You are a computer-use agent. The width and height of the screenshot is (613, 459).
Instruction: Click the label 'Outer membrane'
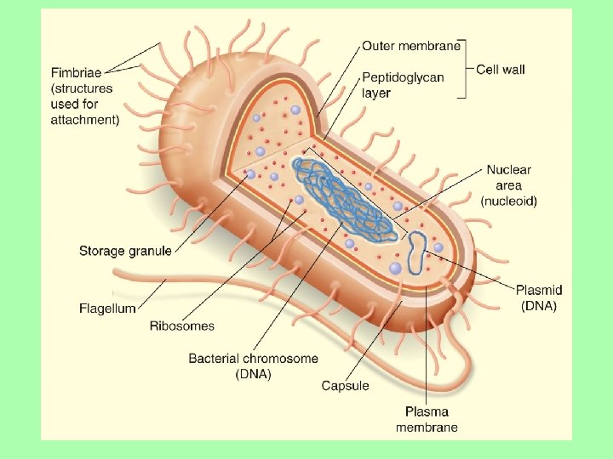[411, 45]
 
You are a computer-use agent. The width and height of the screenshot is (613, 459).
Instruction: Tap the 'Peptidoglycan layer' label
[403, 84]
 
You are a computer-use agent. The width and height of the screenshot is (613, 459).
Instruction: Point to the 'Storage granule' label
[125, 251]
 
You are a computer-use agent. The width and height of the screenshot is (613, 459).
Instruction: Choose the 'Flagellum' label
[107, 309]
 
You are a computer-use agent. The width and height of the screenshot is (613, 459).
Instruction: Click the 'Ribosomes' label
[182, 326]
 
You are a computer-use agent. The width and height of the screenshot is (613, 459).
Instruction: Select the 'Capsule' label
[345, 386]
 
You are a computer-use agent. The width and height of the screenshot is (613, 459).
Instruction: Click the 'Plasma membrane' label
[427, 419]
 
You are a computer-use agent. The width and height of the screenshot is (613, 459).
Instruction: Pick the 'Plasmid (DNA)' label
[539, 297]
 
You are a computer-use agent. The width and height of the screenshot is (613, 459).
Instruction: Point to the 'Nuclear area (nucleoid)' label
[508, 185]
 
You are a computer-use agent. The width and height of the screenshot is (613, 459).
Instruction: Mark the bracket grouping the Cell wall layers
[466, 69]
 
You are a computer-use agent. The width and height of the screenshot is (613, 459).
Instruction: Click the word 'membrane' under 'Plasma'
[427, 427]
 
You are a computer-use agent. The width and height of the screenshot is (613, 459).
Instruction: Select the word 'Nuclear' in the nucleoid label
[509, 170]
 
